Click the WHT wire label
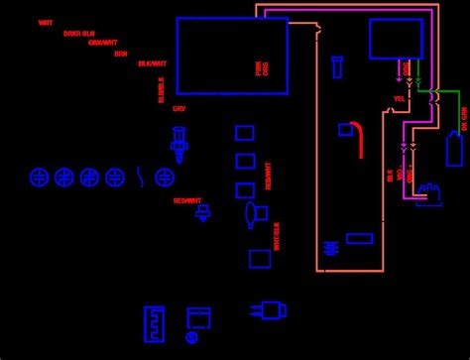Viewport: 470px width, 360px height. coord(46,22)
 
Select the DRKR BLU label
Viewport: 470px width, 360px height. coord(78,33)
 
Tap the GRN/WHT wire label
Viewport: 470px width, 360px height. coord(102,42)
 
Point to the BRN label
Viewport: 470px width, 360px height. coord(120,53)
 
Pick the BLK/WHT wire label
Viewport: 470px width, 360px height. coord(152,63)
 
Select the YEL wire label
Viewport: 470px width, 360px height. coord(399,99)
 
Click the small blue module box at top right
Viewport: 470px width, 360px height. coord(396,39)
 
